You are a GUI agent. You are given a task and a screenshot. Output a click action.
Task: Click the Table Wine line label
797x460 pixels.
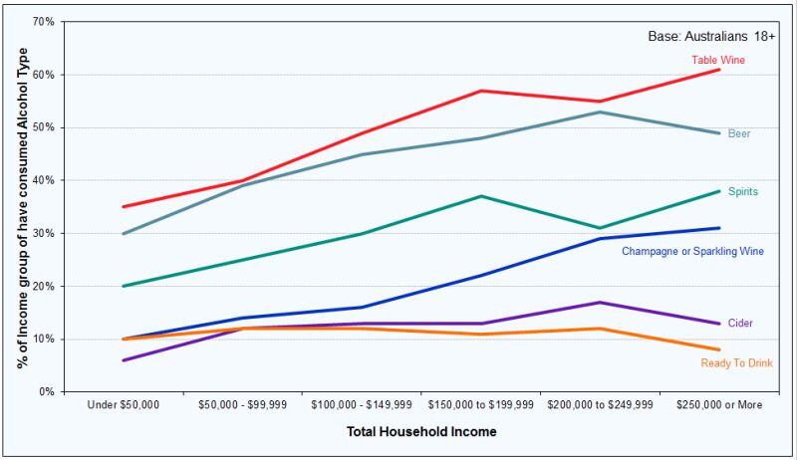pos(717,60)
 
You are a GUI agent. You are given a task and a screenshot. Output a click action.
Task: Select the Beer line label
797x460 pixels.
pos(738,133)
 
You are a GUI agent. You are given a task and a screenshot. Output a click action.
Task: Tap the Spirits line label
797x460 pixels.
pos(744,192)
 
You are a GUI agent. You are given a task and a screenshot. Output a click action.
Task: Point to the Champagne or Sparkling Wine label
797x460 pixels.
pos(692,252)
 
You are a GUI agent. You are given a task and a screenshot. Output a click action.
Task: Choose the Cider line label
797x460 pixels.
pos(739,324)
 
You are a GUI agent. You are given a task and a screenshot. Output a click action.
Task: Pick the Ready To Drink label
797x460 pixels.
pos(736,363)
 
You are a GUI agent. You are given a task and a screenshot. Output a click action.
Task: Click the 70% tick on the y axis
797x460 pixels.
pos(43,22)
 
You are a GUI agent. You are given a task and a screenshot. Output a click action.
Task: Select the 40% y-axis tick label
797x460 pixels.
pos(43,180)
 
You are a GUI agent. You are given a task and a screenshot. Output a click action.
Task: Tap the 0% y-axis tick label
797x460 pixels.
pos(46,391)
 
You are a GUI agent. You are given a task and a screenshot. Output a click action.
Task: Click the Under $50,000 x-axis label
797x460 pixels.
pos(124,406)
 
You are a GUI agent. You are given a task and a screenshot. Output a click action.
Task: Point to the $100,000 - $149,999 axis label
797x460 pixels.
pos(361,406)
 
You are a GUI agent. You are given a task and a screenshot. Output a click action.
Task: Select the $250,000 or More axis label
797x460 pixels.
pos(718,406)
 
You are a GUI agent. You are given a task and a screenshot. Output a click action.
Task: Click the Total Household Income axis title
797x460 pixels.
pos(421,432)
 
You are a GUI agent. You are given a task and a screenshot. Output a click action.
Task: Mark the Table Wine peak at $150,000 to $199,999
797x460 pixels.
pos(481,91)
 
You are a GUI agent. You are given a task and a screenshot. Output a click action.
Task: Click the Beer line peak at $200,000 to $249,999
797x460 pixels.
pos(600,112)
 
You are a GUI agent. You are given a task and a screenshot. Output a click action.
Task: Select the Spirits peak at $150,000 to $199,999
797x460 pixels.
pos(481,196)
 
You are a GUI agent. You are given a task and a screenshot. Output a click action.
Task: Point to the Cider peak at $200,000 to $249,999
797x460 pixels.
pos(600,302)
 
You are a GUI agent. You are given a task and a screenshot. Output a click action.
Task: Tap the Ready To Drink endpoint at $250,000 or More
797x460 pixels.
pos(719,349)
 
